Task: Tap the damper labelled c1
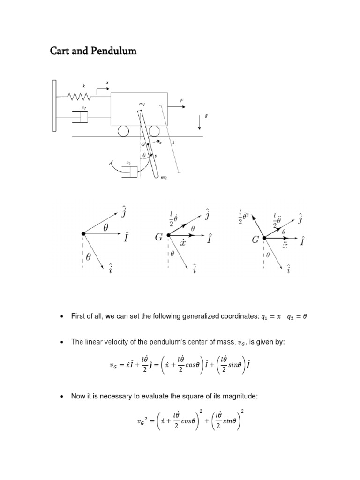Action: (81, 116)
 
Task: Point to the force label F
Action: (181, 100)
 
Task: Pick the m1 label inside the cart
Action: (141, 104)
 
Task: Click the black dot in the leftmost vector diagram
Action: (83, 233)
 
